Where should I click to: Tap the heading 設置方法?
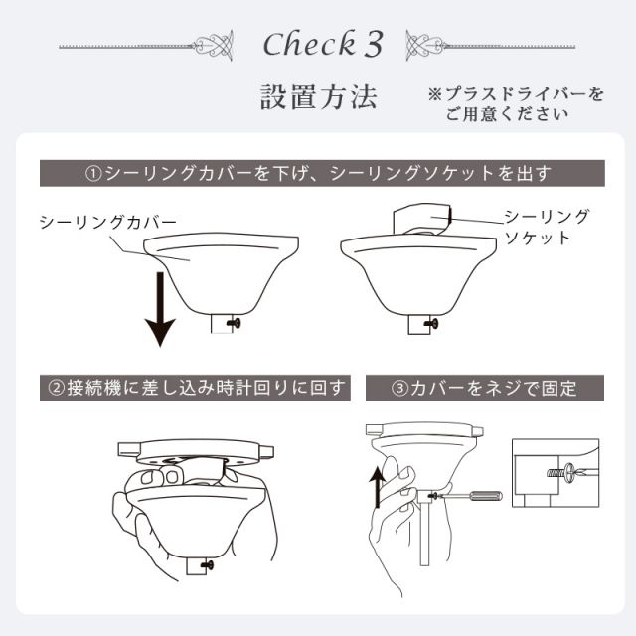317,98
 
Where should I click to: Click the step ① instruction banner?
317,173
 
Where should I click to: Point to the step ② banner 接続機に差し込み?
195,387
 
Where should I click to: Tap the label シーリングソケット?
546,226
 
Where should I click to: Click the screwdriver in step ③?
473,493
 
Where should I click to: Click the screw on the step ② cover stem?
210,565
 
